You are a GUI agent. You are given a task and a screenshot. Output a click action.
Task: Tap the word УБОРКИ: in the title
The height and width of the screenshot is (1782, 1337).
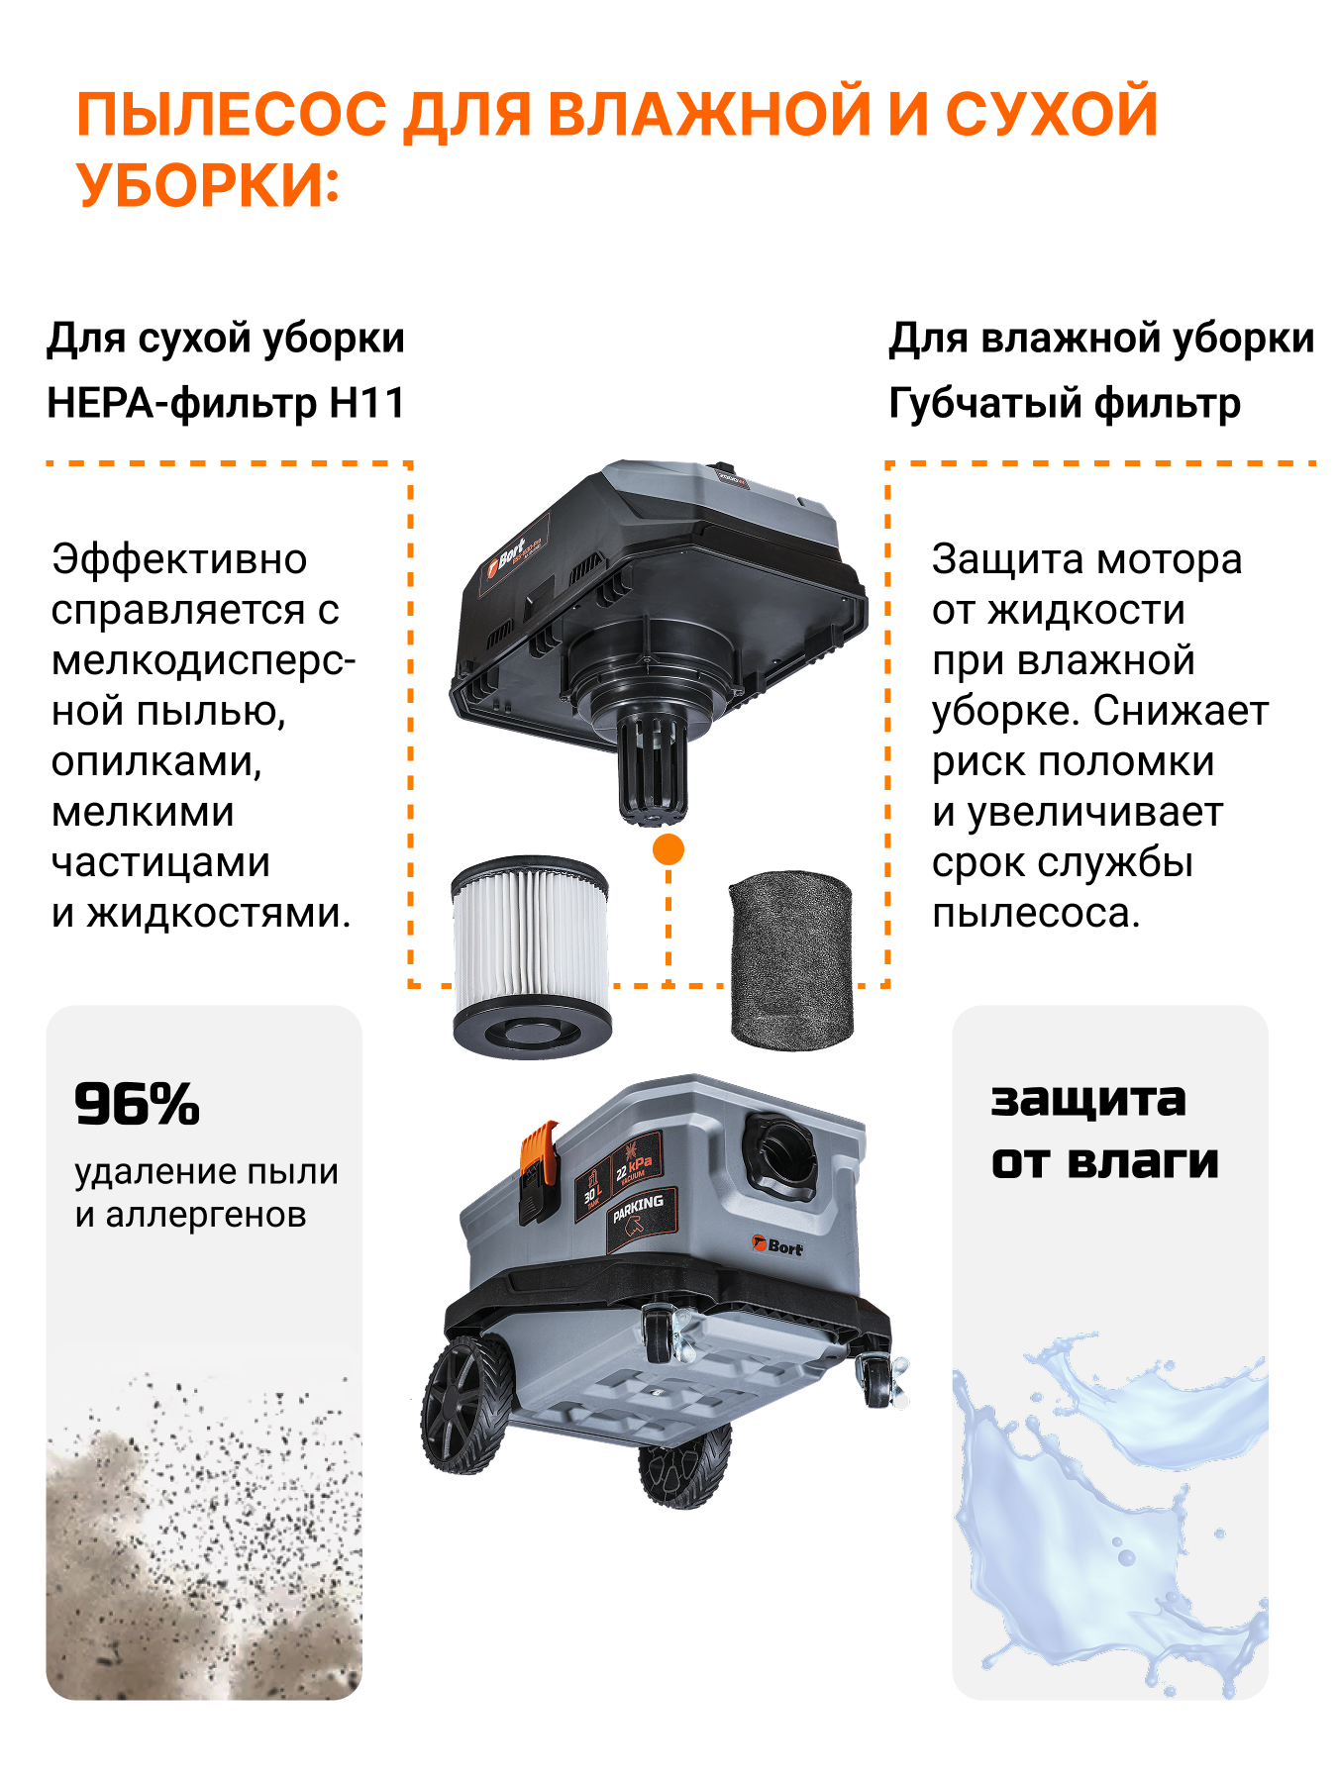pyautogui.click(x=208, y=184)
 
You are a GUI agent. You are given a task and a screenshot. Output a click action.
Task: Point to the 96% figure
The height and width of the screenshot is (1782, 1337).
pyautogui.click(x=137, y=1104)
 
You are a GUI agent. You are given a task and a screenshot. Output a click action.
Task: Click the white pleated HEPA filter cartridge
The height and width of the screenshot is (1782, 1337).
pyautogui.click(x=530, y=956)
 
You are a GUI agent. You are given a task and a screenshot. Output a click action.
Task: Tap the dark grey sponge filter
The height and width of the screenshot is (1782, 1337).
pyautogui.click(x=790, y=960)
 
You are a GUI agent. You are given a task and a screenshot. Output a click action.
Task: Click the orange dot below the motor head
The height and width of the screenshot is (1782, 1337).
pyautogui.click(x=668, y=849)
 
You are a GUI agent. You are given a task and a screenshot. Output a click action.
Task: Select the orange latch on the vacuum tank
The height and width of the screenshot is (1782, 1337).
pyautogui.click(x=540, y=1170)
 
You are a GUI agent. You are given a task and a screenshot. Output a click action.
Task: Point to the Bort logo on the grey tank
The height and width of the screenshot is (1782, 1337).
pyautogui.click(x=777, y=1246)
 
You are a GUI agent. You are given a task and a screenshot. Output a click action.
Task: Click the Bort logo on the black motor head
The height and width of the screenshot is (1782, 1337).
pyautogui.click(x=506, y=561)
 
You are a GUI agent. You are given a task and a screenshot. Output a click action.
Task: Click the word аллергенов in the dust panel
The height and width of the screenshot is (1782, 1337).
pyautogui.click(x=206, y=1215)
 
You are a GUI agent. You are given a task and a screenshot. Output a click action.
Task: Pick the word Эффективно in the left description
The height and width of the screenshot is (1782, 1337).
pyautogui.click(x=179, y=559)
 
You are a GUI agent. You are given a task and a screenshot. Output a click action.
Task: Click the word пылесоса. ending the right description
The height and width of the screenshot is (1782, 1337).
pyautogui.click(x=1036, y=913)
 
